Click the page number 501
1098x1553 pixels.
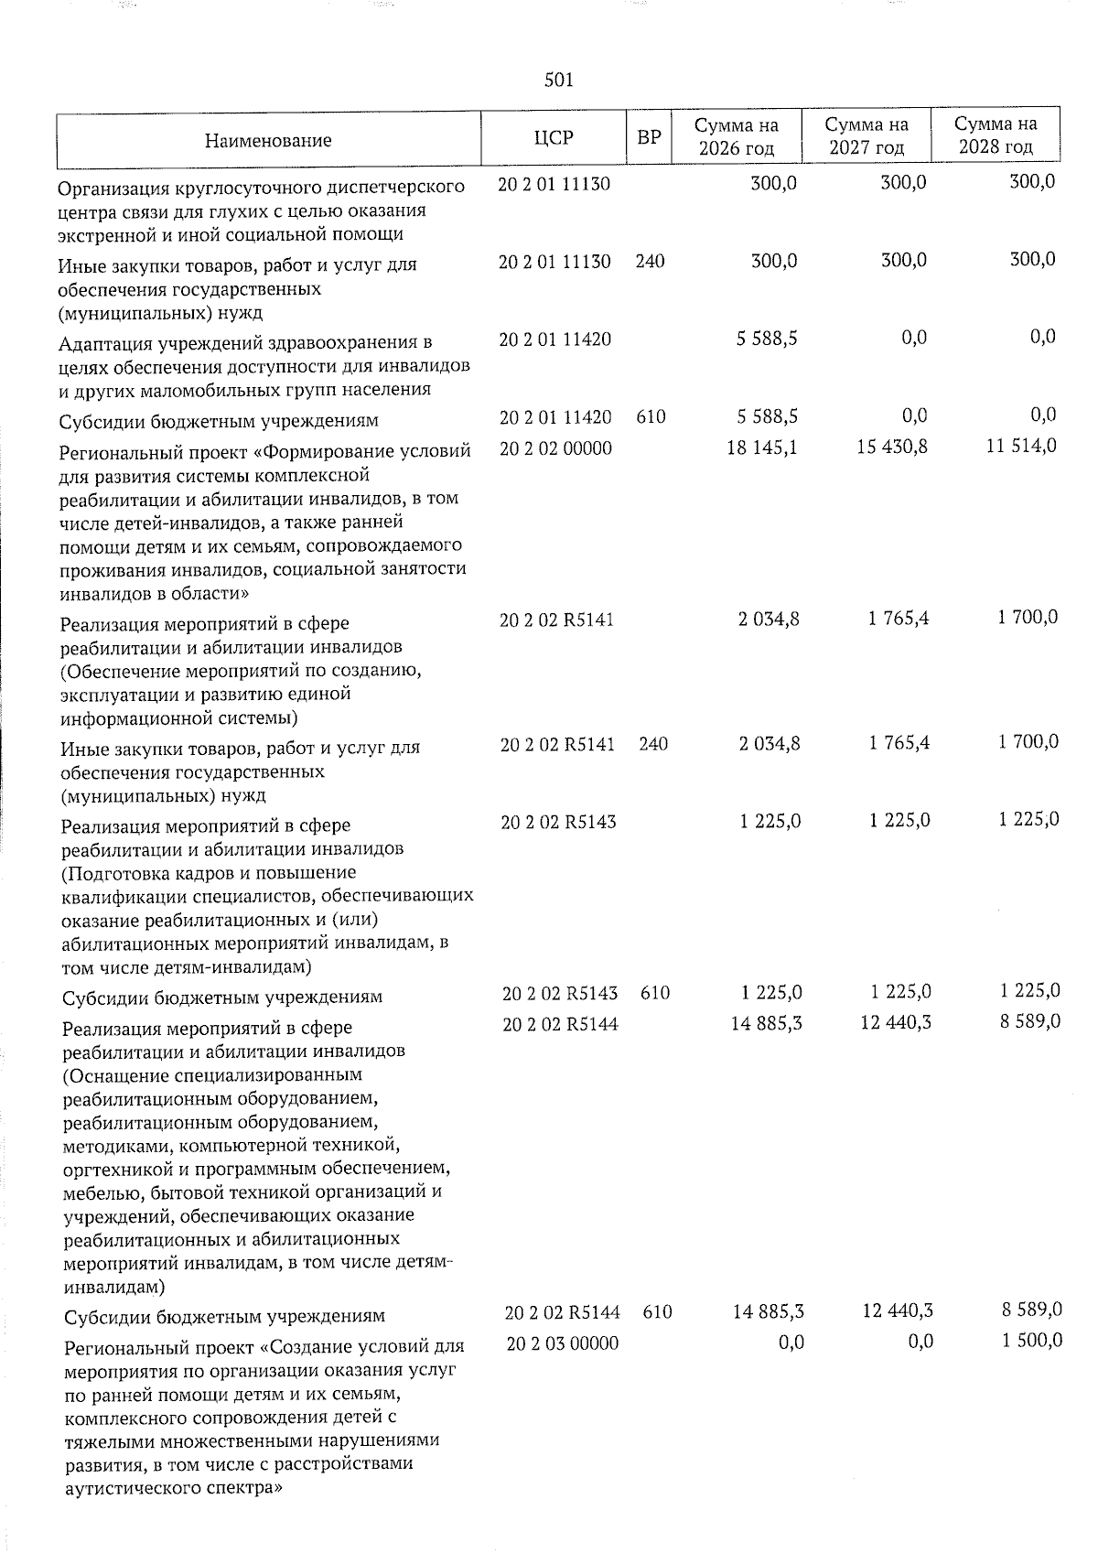click(x=558, y=81)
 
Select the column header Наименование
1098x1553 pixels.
click(x=268, y=141)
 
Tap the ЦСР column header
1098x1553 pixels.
click(x=554, y=139)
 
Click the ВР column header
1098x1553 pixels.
click(x=649, y=139)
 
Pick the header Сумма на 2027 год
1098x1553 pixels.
click(x=866, y=136)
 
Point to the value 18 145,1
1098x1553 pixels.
click(x=762, y=448)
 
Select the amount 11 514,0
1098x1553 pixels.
click(x=1022, y=448)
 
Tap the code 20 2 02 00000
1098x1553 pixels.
click(x=555, y=448)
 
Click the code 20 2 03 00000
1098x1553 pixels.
click(x=561, y=1343)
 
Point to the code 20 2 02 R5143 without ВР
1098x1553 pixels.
click(x=558, y=822)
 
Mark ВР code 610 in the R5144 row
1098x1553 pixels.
click(x=657, y=1312)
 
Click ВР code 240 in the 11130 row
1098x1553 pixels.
click(x=650, y=262)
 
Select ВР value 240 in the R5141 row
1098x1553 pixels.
click(x=653, y=744)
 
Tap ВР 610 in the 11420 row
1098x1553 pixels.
click(x=651, y=417)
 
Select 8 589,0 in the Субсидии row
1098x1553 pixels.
click(x=1032, y=1310)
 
